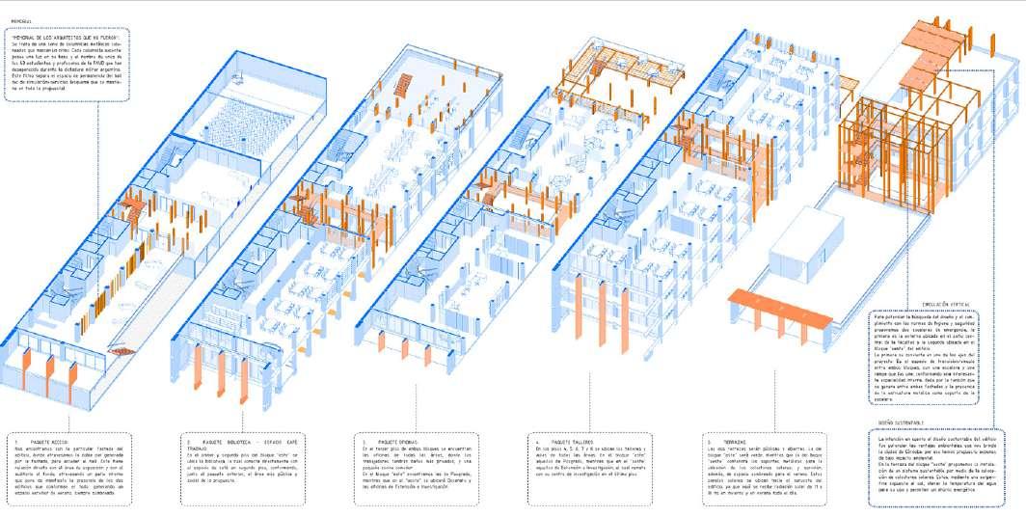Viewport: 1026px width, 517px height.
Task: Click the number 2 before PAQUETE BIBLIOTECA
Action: click(x=188, y=440)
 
